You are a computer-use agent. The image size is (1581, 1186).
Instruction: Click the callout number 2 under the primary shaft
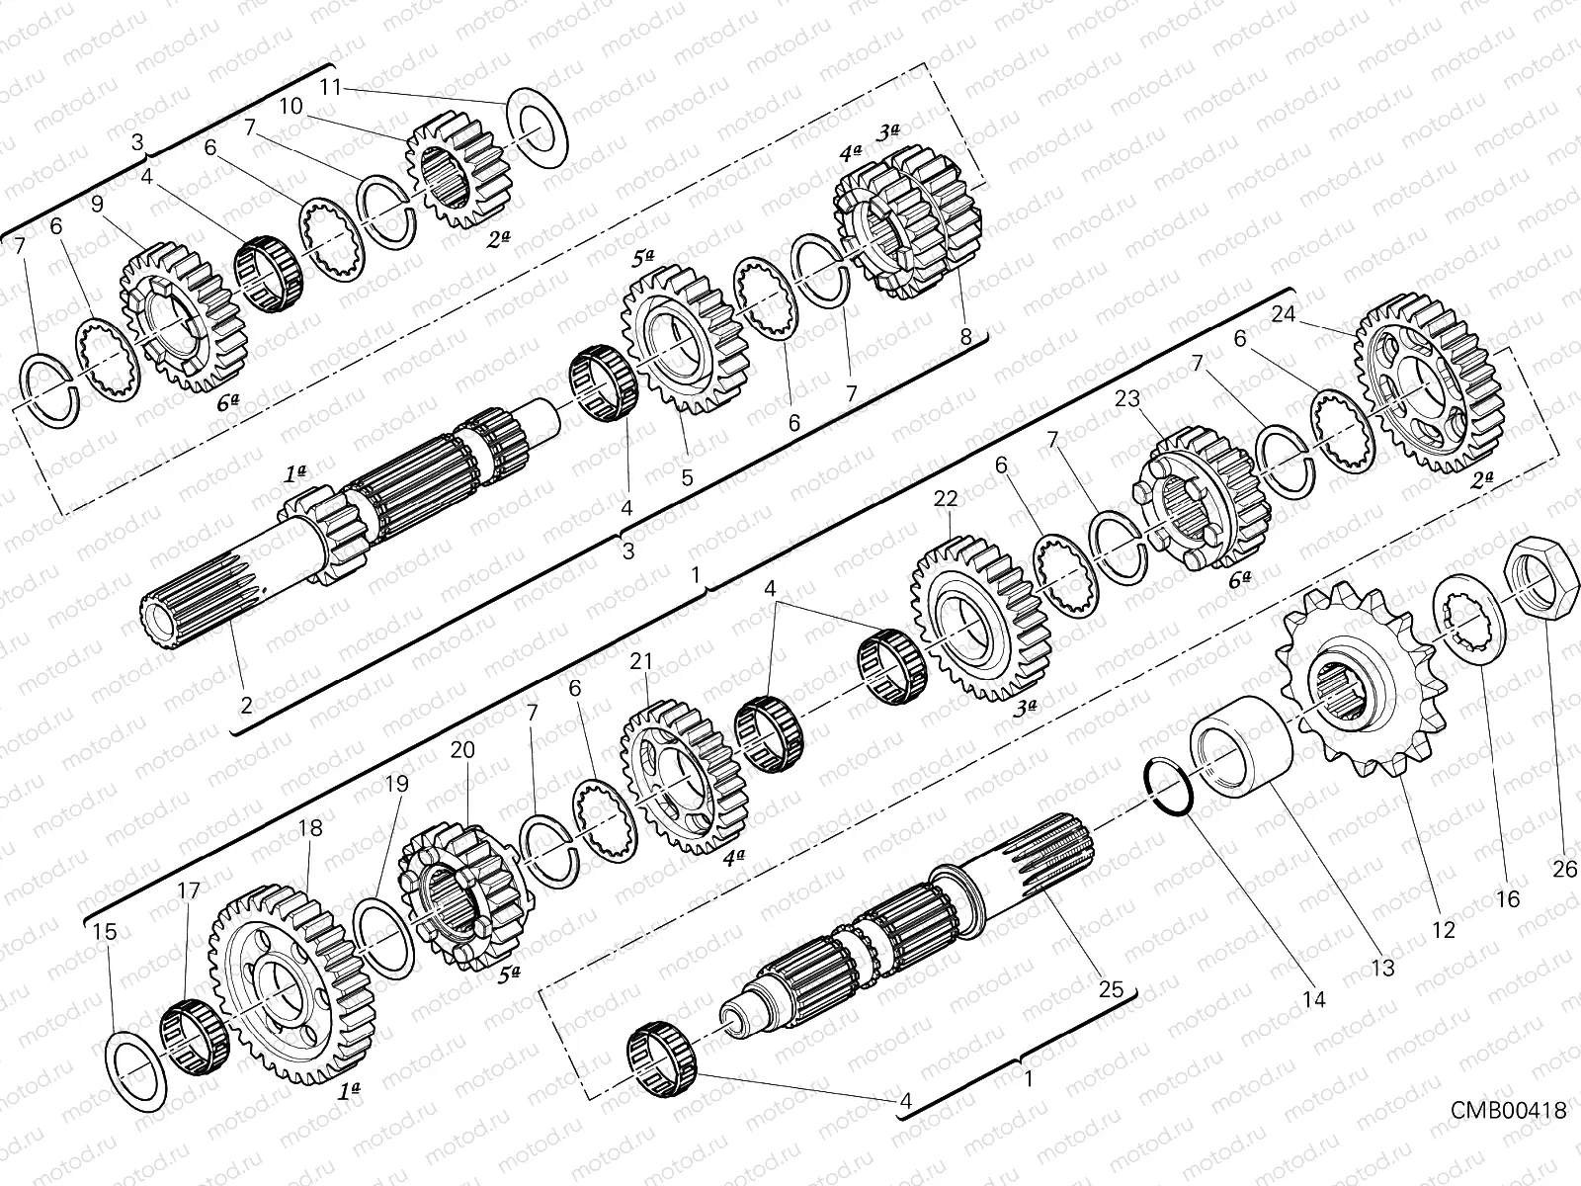coord(246,706)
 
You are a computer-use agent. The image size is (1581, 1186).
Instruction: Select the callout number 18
coord(310,828)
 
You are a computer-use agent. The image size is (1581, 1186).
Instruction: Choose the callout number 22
coord(946,500)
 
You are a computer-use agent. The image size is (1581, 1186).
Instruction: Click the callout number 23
coord(1128,399)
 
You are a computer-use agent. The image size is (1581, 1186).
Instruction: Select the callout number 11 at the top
coord(330,88)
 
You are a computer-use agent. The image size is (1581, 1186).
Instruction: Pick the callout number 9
coord(96,204)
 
